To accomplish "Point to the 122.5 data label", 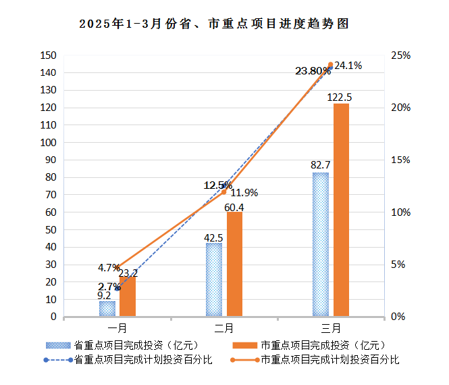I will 339,97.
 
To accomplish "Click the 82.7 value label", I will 320,165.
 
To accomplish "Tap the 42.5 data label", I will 213,237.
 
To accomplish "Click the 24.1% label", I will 349,66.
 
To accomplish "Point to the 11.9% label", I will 244,193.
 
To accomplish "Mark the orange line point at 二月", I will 224,192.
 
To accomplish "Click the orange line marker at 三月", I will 331,65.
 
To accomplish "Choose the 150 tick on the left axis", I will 48,55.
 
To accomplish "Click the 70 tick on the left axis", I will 51,195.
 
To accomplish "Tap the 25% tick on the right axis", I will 402,55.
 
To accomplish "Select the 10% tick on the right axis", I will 402,212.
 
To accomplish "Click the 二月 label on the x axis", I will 224,328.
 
